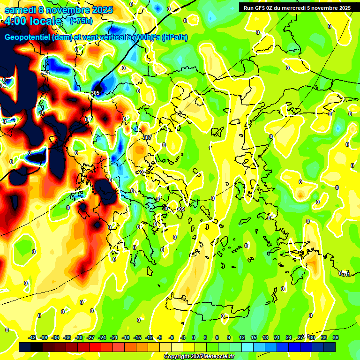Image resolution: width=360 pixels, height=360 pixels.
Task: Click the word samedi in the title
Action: (x=19, y=10)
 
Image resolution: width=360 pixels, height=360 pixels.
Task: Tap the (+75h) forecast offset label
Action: (x=81, y=21)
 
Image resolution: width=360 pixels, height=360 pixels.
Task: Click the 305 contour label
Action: (x=96, y=93)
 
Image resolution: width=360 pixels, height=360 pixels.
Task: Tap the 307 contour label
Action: (x=147, y=137)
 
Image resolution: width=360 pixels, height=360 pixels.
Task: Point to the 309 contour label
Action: (x=180, y=209)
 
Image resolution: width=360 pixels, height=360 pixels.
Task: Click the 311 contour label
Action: (x=345, y=274)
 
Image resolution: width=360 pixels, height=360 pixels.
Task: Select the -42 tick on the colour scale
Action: (x=32, y=337)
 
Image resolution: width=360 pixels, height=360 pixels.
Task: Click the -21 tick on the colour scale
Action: (x=114, y=337)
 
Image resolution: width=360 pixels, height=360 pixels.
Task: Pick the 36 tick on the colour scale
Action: (x=336, y=337)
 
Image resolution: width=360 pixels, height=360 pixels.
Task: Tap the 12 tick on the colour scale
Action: (x=242, y=337)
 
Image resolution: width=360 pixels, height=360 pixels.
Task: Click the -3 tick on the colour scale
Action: (x=183, y=337)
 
